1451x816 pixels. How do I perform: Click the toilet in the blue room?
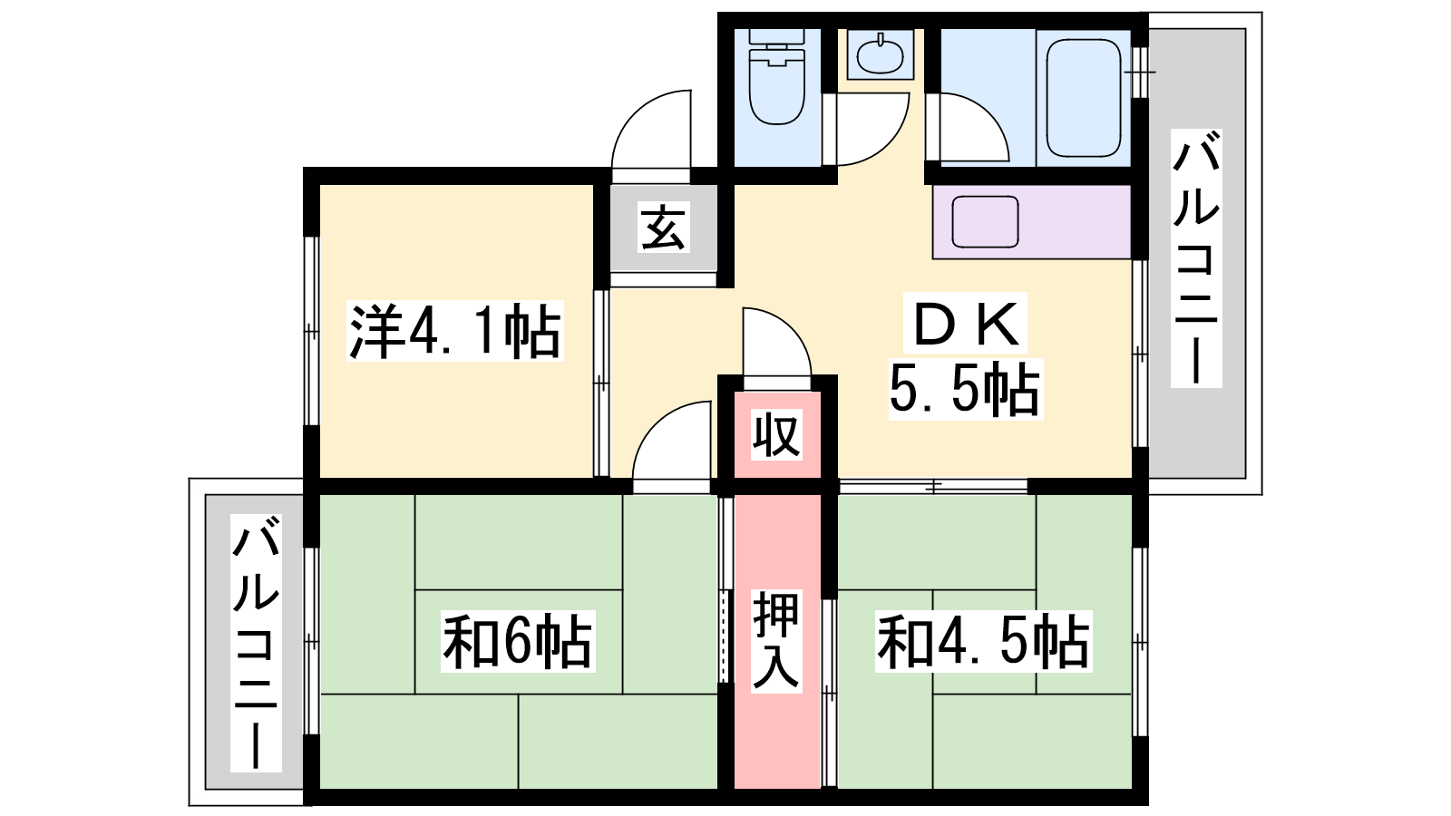pyautogui.click(x=776, y=76)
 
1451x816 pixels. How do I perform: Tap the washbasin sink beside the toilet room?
pyautogui.click(x=880, y=54)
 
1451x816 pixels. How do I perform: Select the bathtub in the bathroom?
pyautogui.click(x=1083, y=98)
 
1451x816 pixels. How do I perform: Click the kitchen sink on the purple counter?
pyautogui.click(x=985, y=222)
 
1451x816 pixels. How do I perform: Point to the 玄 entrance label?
pyautogui.click(x=663, y=227)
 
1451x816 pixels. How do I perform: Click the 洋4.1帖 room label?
pyautogui.click(x=454, y=330)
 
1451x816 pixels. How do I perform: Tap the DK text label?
pyautogui.click(x=965, y=324)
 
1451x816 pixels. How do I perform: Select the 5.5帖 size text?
pyautogui.click(x=965, y=389)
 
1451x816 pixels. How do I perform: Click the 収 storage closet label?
pyautogui.click(x=776, y=434)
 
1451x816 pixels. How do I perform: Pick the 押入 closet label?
pyautogui.click(x=776, y=641)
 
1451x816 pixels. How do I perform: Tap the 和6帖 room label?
pyautogui.click(x=518, y=641)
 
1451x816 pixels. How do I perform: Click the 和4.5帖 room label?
pyautogui.click(x=983, y=641)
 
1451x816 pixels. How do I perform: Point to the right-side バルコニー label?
pyautogui.click(x=1196, y=258)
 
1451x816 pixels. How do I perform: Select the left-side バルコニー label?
pyautogui.click(x=256, y=643)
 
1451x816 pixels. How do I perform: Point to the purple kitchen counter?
pyautogui.click(x=1032, y=222)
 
